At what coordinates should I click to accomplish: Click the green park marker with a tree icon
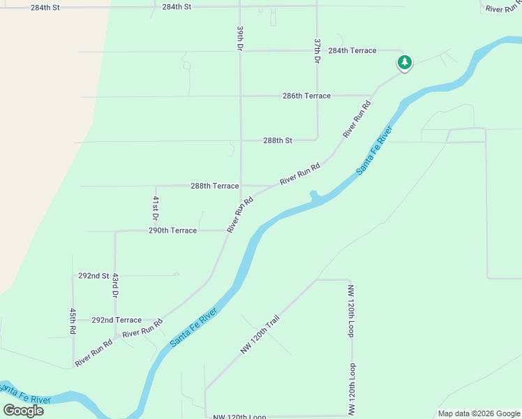pos(404,63)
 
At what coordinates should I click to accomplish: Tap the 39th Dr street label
pos(239,39)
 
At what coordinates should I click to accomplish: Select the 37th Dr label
pos(317,52)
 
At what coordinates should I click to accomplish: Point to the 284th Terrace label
pos(352,51)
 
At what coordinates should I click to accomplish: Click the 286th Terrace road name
pos(307,96)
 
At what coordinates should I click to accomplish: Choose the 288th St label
pos(278,140)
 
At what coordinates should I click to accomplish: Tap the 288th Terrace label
pos(215,186)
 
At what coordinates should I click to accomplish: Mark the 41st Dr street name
pos(156,209)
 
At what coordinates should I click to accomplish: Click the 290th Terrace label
pos(172,230)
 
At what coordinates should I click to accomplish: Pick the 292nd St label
pos(94,276)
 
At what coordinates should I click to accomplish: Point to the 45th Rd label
pos(72,320)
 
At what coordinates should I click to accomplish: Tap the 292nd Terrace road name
pos(117,320)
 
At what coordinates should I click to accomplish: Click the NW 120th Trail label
pos(260,335)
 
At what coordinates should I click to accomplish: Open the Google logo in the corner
pos(24,411)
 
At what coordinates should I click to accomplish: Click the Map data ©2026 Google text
pos(479,413)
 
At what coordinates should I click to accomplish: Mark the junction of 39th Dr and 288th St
pos(241,140)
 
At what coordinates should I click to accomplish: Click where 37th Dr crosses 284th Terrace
pos(318,50)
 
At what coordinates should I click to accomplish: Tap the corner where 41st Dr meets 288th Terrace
pos(156,186)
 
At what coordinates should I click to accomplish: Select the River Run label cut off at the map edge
pos(503,9)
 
